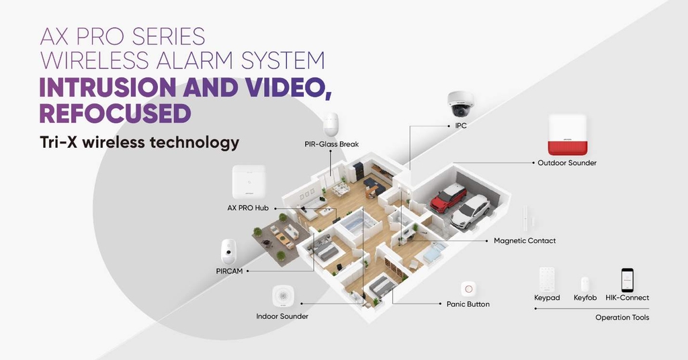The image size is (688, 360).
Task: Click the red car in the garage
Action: coord(448,197)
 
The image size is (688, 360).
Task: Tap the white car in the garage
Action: coord(470,211)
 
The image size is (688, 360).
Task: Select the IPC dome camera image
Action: coord(461,104)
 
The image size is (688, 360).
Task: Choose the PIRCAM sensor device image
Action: coord(230,253)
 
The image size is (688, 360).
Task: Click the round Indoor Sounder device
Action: coord(282,297)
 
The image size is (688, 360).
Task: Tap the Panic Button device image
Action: coord(468,289)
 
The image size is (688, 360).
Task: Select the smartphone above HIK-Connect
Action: coord(627,279)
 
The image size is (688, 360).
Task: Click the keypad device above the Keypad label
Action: coord(547,279)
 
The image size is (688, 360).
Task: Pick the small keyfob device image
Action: coord(585,283)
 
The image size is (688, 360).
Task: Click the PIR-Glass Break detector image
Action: coord(331,125)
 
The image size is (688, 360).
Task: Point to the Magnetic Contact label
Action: coord(525,240)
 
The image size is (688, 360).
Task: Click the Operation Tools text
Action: coord(622,318)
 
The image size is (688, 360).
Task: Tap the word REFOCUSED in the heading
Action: coord(115,113)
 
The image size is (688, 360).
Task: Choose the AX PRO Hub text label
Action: coord(248,208)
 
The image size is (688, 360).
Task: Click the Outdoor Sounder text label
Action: coord(566,163)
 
